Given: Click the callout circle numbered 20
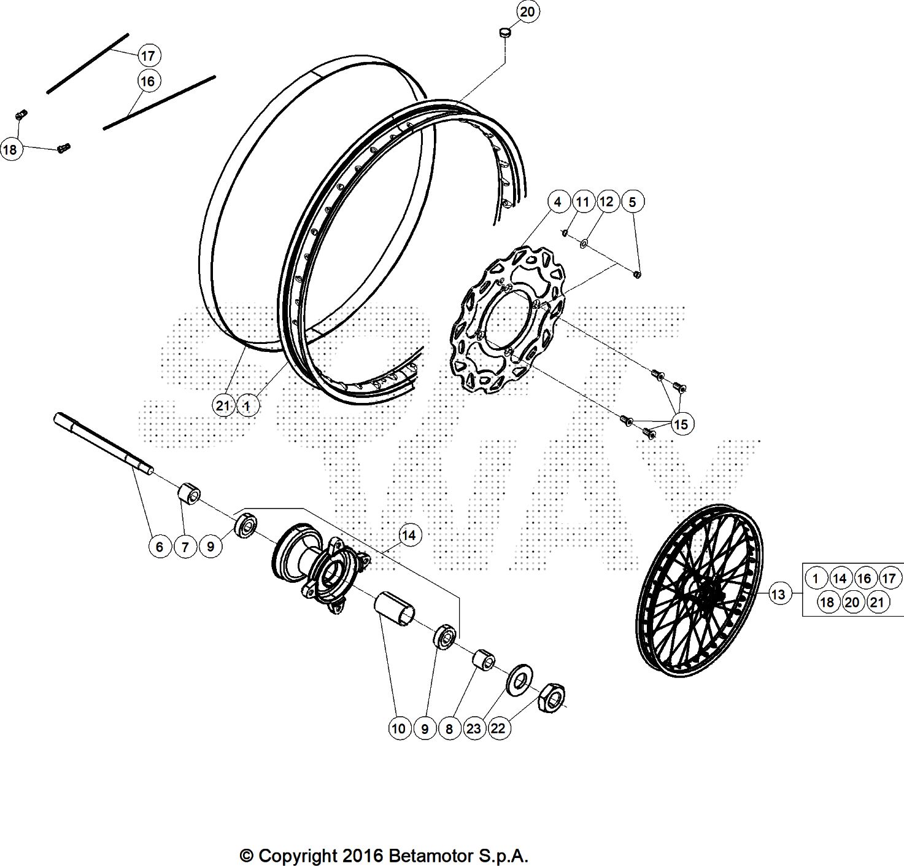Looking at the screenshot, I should (527, 12).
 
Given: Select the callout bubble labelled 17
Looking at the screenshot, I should (148, 56).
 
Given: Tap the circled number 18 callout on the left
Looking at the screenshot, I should (10, 149).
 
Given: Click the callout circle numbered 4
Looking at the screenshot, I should (558, 201).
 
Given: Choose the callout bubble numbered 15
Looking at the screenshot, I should (681, 424).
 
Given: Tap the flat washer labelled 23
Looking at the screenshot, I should (519, 679).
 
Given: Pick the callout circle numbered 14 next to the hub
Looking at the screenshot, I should (409, 536).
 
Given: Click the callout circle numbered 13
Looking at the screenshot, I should (778, 595).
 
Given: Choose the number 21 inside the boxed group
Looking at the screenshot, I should (876, 603).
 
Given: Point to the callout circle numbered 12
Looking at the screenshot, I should (606, 201).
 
